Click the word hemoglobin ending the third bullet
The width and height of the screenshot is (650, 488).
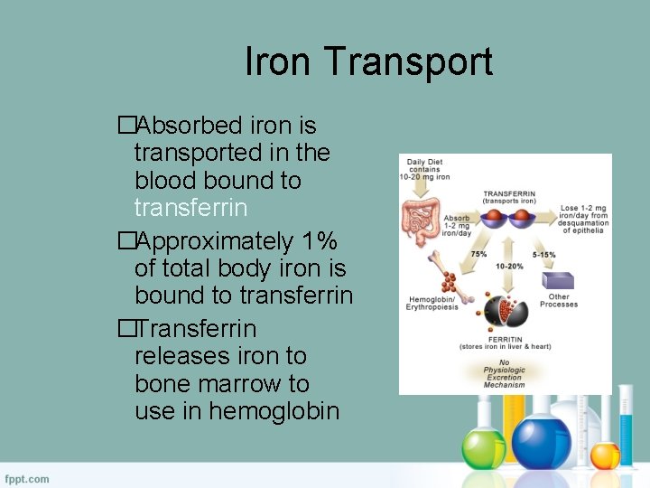point(274,411)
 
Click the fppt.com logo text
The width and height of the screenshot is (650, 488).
point(27,478)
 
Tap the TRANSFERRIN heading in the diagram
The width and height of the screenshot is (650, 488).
point(509,193)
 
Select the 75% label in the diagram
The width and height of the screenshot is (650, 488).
point(478,255)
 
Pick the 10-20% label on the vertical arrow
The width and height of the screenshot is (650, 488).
point(510,267)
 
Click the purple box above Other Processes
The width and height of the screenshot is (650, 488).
point(560,279)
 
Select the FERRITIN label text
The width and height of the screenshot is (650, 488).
point(505,339)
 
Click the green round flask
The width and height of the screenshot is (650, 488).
point(484,448)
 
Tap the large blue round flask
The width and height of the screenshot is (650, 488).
point(543,442)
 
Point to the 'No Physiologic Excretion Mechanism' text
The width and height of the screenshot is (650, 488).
point(504,373)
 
